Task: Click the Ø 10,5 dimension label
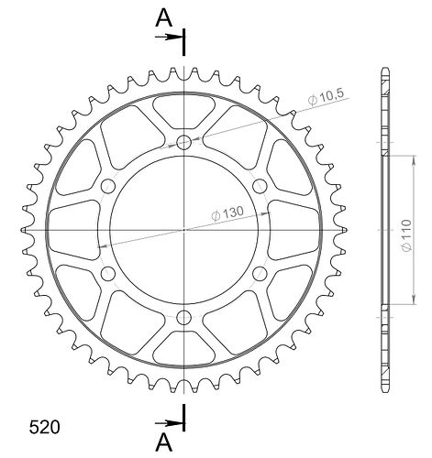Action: click(326, 97)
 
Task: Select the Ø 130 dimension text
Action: click(227, 213)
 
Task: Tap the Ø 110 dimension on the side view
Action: click(407, 235)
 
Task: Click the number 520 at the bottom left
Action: click(44, 427)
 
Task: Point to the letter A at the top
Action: click(164, 18)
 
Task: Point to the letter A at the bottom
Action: click(164, 442)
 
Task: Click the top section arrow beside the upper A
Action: click(169, 38)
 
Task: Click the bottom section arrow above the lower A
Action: click(169, 423)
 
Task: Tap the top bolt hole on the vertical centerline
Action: click(184, 142)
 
